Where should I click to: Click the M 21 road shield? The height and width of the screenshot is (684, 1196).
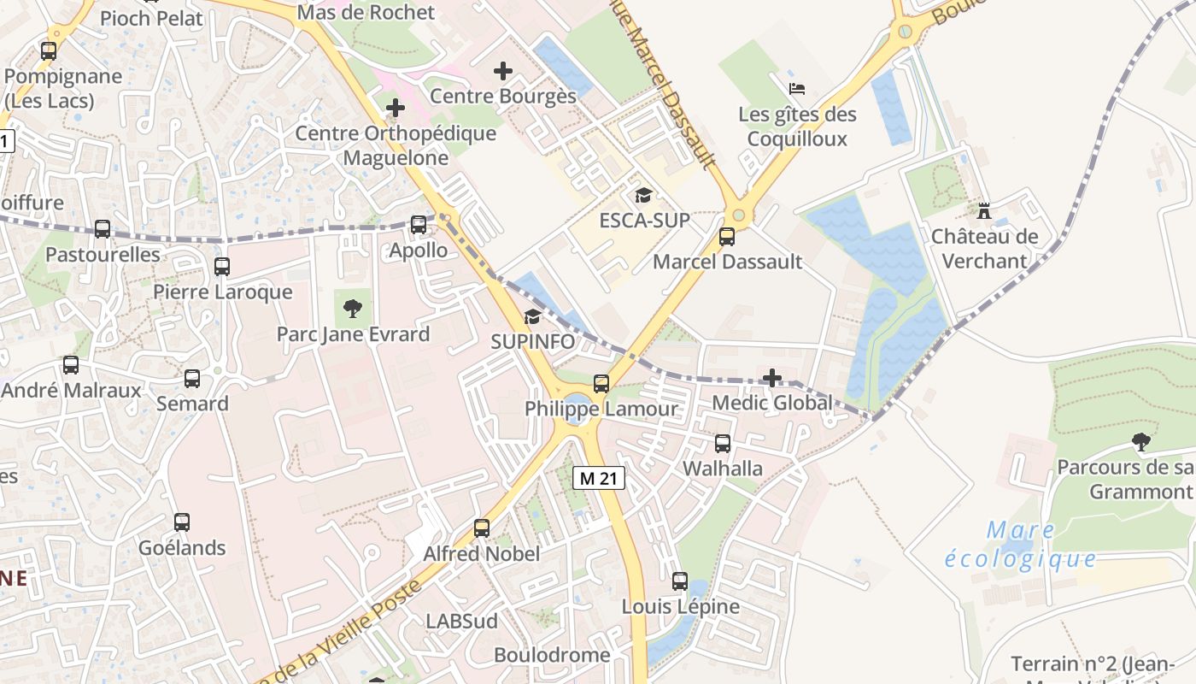click(599, 478)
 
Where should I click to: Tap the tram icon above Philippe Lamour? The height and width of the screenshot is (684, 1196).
click(601, 384)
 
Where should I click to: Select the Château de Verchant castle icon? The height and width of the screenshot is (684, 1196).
click(984, 210)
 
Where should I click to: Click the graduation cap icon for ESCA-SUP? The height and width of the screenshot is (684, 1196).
click(643, 196)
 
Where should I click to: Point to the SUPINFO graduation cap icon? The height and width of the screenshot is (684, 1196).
click(532, 317)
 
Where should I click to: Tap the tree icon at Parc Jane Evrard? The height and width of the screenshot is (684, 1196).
click(352, 309)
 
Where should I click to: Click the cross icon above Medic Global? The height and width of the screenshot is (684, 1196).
click(772, 377)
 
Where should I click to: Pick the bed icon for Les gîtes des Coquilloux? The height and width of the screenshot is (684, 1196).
click(796, 88)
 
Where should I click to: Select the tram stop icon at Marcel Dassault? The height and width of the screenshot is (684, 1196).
click(727, 237)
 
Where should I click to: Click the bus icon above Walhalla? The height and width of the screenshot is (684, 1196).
click(723, 444)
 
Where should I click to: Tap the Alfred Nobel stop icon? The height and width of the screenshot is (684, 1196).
click(482, 528)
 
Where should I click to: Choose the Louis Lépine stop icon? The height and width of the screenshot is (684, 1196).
click(680, 581)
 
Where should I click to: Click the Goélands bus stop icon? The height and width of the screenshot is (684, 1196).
click(182, 522)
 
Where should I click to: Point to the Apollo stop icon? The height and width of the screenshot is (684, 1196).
click(419, 225)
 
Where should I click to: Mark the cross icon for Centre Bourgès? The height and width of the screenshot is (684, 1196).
click(503, 71)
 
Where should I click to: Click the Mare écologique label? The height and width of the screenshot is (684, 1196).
click(1021, 545)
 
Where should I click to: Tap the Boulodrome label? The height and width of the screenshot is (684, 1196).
click(552, 655)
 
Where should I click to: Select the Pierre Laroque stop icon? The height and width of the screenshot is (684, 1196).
click(222, 267)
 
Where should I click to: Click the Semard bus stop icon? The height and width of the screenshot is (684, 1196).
click(192, 379)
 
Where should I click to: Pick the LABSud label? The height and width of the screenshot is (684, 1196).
click(461, 621)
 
